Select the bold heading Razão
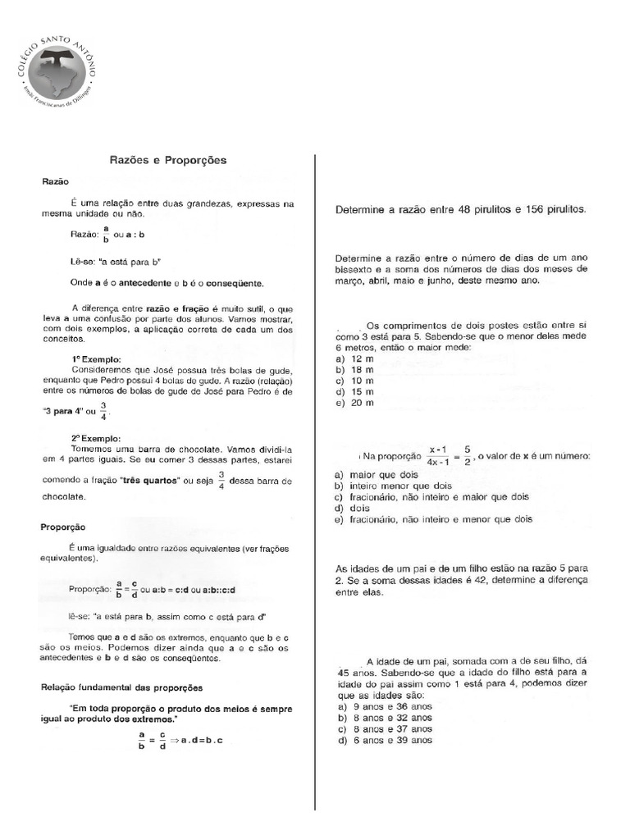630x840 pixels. click(56, 180)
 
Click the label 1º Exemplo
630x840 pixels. click(96, 358)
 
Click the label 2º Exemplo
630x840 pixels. click(96, 439)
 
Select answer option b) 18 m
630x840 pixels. click(354, 370)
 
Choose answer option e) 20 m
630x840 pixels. click(354, 403)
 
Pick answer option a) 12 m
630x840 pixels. click(354, 359)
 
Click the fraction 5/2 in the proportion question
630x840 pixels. click(466, 455)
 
